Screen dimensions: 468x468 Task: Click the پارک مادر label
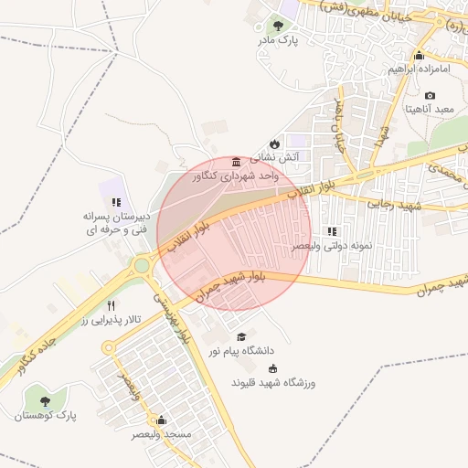point(281,40)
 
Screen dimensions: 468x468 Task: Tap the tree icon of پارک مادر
point(278,26)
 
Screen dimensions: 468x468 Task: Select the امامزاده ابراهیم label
point(419,69)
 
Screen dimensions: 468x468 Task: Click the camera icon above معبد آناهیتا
point(430,95)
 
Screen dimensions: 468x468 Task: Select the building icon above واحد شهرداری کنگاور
point(237,161)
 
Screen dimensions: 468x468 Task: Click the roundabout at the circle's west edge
point(142,266)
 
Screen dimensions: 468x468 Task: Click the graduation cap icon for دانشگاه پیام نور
point(241,337)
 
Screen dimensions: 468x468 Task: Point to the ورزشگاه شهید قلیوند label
point(272,383)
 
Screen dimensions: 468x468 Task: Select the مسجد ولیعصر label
point(162,434)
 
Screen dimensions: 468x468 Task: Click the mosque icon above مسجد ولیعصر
point(162,420)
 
